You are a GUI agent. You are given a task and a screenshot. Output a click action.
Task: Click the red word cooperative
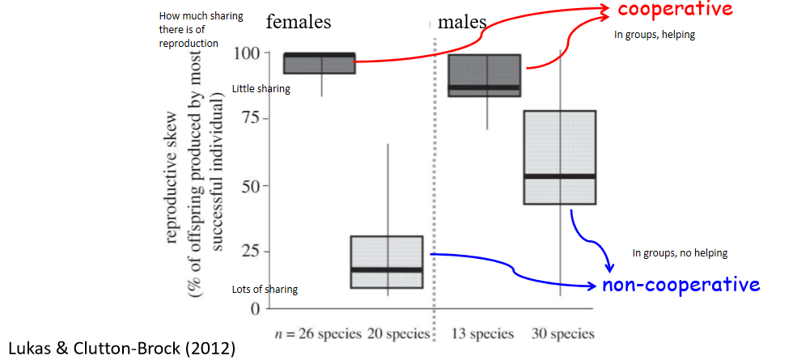pos(675,10)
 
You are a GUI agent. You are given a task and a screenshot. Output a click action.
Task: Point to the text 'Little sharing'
pos(261,89)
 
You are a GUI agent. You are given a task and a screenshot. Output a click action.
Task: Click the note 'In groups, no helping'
pos(680,253)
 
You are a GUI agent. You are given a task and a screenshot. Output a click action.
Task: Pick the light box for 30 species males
pos(559,157)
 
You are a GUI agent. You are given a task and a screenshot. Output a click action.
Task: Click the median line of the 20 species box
pos(387,269)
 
